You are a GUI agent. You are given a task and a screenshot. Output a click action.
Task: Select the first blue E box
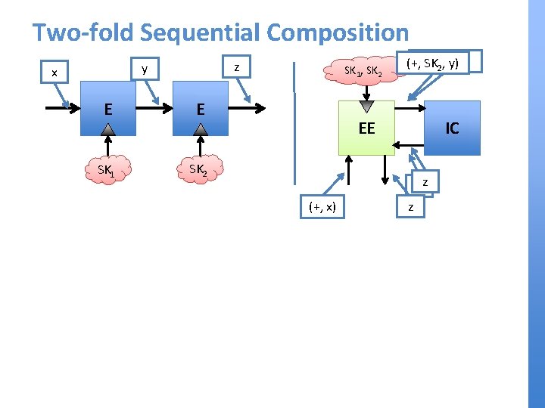pos(110,110)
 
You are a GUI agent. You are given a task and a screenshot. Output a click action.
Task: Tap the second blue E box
pos(201,110)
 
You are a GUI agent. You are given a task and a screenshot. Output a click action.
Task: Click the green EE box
pos(366,128)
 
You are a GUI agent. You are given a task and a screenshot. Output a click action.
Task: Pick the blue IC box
pos(452,128)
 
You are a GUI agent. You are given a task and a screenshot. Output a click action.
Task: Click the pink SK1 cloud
pos(107,170)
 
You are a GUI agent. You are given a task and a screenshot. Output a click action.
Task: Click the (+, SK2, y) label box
pos(432,63)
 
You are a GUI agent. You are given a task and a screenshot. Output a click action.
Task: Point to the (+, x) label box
pos(323,206)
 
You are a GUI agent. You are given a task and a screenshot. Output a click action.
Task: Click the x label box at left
pos(54,73)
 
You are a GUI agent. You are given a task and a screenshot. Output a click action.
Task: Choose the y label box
pos(145,70)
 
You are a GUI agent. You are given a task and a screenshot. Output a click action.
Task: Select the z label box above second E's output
pos(238,68)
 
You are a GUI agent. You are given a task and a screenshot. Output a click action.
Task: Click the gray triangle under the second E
pos(201,130)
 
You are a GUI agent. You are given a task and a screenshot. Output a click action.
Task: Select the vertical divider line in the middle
pos(295,121)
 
